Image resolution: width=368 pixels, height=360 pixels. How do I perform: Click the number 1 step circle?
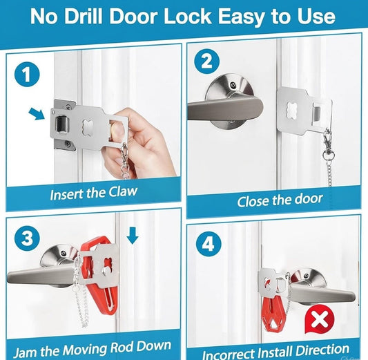coord(27,75)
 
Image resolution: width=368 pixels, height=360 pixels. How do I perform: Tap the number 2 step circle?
coord(206,61)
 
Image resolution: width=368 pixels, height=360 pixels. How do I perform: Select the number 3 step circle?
coord(27,238)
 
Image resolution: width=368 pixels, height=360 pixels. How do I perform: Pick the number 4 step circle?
coord(209,244)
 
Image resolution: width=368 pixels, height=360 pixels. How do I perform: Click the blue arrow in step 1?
coord(37,113)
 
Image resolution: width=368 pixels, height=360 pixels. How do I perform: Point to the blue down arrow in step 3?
coord(133,236)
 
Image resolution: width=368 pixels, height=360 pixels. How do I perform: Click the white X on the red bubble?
coord(319,319)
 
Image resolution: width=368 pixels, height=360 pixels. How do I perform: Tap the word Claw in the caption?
coord(123,192)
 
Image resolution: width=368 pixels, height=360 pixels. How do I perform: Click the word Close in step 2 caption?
coord(252,201)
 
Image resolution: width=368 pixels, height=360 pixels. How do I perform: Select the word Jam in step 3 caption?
coord(25,352)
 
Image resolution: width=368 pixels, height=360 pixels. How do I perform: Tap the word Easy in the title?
coord(241,17)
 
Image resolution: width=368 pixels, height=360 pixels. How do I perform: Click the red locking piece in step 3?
coord(99,277)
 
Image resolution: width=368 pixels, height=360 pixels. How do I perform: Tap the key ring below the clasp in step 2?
coord(328,155)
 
